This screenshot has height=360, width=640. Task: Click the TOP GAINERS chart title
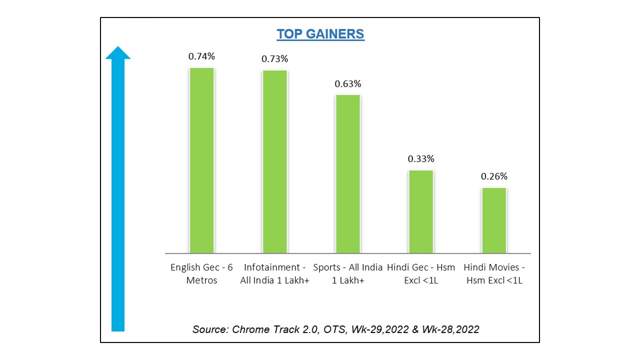pos(320,34)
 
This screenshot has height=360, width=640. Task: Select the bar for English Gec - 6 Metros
pos(201,160)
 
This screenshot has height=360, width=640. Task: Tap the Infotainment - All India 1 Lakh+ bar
pos(275,161)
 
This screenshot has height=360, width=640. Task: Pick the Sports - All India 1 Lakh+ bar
pos(348,173)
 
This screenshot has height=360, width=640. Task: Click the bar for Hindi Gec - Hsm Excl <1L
pos(421,211)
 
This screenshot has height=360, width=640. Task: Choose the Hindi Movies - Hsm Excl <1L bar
pos(494,220)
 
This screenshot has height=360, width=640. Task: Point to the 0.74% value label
pos(201,56)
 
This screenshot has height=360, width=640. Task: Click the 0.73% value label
pos(275,59)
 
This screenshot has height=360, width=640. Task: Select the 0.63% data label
pos(348,83)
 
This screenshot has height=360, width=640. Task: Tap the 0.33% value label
pos(421,159)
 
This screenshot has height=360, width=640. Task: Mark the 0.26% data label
pos(494,176)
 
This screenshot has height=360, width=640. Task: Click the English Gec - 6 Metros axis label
pos(201,273)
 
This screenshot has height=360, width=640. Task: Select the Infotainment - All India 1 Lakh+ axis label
pos(275,273)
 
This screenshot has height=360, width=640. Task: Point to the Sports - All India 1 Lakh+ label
pos(348,273)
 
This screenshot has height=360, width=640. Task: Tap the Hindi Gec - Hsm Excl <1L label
pos(421,273)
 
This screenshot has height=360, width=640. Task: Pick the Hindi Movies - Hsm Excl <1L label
pos(494,273)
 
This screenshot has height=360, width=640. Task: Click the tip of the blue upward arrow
pos(118,48)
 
